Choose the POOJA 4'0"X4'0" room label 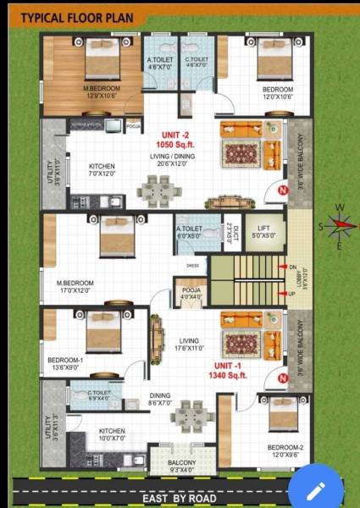pos(191,293)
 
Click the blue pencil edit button pos(318,489)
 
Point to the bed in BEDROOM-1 pos(104,329)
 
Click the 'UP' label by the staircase pos(292,294)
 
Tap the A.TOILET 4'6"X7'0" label pos(160,62)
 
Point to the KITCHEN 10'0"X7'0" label pos(112,434)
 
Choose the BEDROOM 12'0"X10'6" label pos(277,93)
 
